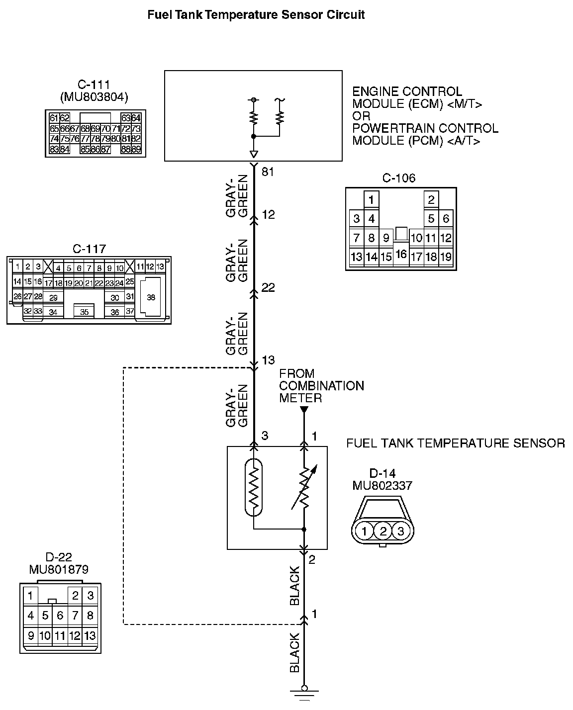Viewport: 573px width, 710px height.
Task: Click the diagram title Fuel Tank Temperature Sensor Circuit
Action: coord(256,15)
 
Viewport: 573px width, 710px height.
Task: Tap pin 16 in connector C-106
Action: coord(401,255)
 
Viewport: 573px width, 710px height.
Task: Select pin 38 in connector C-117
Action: coord(151,297)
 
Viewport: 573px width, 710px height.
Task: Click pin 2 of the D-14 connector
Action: coord(383,531)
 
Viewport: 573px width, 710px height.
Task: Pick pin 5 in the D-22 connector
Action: coord(45,616)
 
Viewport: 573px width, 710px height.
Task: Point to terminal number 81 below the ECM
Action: coord(268,173)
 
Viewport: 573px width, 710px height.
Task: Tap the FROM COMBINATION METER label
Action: coord(321,386)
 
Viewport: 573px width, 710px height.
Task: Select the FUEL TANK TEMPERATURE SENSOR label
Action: coord(455,443)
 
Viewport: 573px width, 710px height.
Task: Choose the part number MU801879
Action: coord(59,569)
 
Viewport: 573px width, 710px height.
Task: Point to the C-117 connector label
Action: coord(89,249)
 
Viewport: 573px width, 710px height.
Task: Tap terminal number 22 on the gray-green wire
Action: coord(268,287)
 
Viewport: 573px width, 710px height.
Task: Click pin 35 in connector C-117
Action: coord(84,312)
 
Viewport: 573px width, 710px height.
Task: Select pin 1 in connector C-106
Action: coord(371,200)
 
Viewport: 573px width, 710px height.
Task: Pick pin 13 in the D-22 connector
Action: coord(90,635)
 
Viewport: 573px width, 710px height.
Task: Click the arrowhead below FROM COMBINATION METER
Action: coord(304,410)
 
